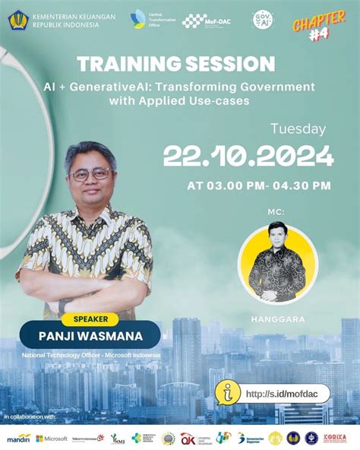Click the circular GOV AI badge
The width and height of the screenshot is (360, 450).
pyautogui.click(x=263, y=20)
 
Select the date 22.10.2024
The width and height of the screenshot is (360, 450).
pyautogui.click(x=248, y=157)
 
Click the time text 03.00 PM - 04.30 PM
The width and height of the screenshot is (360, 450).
pyautogui.click(x=259, y=185)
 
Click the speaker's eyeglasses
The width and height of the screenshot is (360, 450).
pyautogui.click(x=91, y=173)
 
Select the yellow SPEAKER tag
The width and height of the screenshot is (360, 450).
pyautogui.click(x=89, y=319)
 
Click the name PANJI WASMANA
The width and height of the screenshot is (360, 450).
pyautogui.click(x=90, y=334)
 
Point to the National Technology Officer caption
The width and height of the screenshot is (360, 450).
pyautogui.click(x=90, y=354)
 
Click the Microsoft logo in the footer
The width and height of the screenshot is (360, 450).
pyautogui.click(x=52, y=439)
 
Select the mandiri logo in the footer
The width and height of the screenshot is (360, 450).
pyautogui.click(x=17, y=439)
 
